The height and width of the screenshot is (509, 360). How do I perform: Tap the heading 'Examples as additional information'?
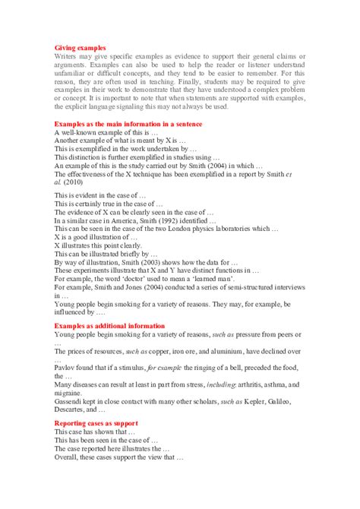[109, 326]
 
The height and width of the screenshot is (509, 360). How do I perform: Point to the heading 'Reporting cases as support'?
[96, 422]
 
